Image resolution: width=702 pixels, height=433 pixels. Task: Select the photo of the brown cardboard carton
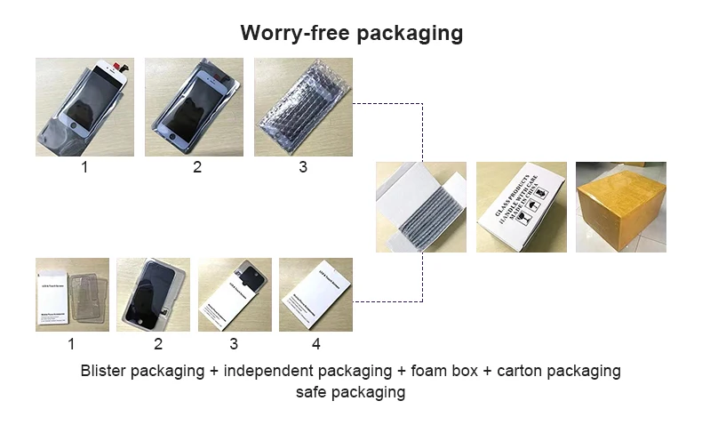(x=620, y=206)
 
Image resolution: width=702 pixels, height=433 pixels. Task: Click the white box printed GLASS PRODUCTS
(x=520, y=206)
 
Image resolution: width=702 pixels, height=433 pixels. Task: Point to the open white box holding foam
(x=419, y=206)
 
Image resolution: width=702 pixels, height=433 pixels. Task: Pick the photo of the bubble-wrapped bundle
(x=303, y=107)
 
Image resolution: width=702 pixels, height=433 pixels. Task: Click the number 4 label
(x=315, y=344)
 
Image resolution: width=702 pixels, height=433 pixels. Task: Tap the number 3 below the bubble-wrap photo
(x=303, y=166)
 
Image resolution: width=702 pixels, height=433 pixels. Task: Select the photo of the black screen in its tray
(x=153, y=294)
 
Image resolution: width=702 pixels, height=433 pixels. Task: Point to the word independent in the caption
(x=267, y=371)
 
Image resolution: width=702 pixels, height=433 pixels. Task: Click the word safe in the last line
(x=311, y=392)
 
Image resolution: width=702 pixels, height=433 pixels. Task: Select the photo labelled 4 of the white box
(x=315, y=294)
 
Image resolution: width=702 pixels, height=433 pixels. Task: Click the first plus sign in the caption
(x=214, y=371)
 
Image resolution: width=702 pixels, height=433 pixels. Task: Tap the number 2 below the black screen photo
(x=158, y=344)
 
